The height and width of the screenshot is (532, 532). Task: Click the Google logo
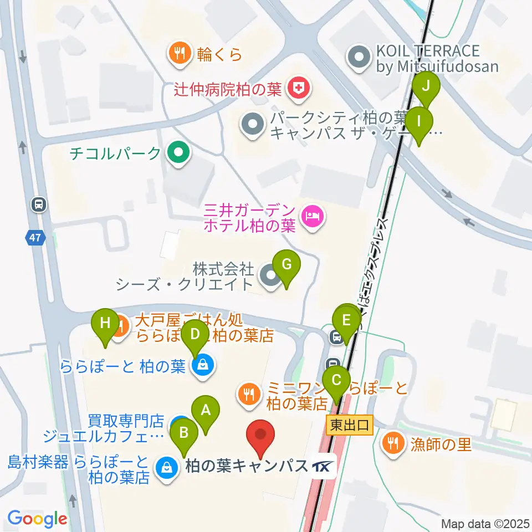pos(38,519)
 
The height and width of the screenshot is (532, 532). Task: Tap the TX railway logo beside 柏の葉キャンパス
pos(324,466)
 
